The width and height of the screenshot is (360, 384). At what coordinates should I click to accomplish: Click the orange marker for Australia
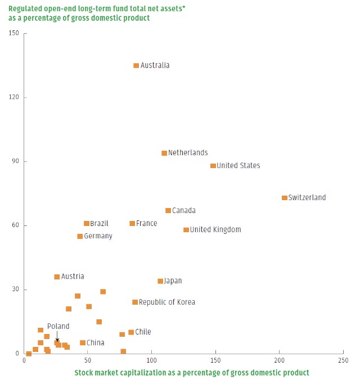(x=136, y=66)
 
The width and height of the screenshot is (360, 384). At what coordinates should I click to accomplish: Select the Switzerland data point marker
(x=285, y=198)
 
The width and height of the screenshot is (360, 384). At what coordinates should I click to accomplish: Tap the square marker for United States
(x=213, y=166)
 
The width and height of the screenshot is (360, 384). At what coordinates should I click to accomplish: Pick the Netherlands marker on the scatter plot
(x=164, y=153)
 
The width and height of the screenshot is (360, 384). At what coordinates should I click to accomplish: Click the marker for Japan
(x=160, y=281)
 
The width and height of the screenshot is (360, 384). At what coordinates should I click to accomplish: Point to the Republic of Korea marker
(x=135, y=302)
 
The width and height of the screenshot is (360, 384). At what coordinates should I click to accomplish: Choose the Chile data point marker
(x=131, y=332)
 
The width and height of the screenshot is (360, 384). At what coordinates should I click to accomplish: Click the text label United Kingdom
(x=215, y=230)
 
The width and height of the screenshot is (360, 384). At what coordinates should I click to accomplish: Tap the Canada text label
(x=184, y=211)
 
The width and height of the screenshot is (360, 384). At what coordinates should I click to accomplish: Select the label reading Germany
(x=98, y=237)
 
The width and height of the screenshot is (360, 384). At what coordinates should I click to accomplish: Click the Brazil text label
(x=100, y=224)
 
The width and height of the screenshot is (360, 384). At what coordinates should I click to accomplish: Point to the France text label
(x=147, y=224)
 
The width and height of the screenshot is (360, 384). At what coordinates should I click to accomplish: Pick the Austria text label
(x=73, y=277)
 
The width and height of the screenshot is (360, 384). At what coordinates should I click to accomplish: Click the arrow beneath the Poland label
(x=57, y=336)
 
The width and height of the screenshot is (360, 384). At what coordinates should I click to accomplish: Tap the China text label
(x=96, y=343)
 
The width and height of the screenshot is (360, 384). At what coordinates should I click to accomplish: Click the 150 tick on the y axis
(x=14, y=33)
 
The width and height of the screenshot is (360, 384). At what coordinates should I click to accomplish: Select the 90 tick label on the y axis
(x=16, y=161)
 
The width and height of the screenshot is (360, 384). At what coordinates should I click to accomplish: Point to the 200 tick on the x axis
(x=279, y=360)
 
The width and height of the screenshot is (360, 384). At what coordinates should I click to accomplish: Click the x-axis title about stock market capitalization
(x=191, y=373)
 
